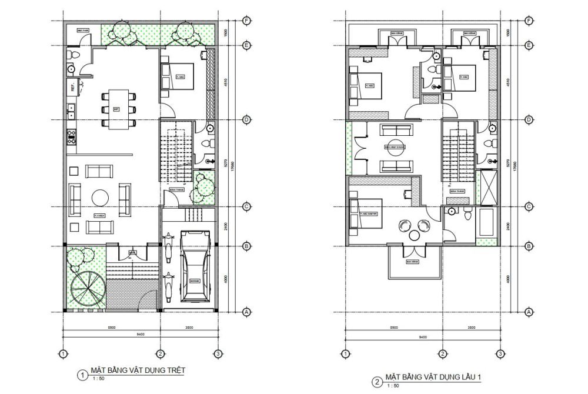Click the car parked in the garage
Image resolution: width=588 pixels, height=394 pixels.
click(x=194, y=266)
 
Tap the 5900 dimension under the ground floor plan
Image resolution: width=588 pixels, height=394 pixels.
click(x=111, y=326)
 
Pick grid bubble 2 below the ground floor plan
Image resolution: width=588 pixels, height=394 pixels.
click(x=159, y=353)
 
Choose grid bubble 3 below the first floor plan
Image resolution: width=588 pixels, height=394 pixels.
click(x=499, y=353)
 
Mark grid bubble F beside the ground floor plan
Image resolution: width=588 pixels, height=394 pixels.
click(x=246, y=21)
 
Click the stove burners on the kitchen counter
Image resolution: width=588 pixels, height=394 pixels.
click(x=72, y=137)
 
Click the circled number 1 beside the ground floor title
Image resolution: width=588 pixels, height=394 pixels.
click(x=83, y=374)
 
